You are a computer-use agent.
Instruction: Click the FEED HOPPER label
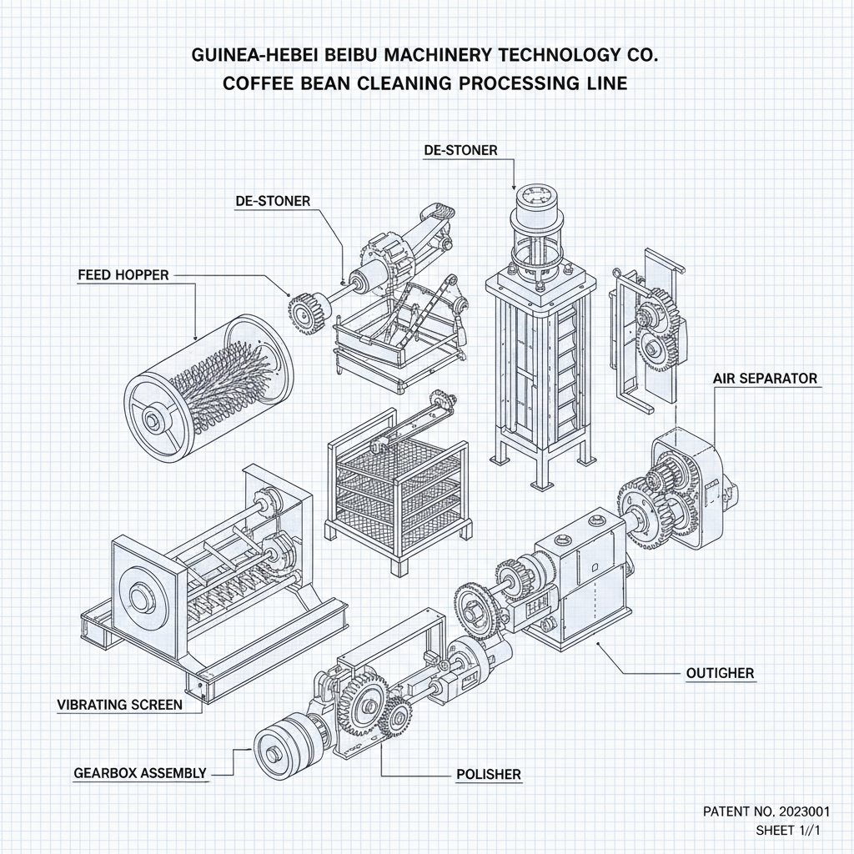coord(123,274)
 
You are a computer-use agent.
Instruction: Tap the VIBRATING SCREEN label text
coord(119,705)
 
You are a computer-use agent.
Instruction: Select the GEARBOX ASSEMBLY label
coord(139,773)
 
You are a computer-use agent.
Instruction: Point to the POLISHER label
coord(489,775)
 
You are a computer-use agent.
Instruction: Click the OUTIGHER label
coord(719,672)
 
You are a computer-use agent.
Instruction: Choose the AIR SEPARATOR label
coord(765,379)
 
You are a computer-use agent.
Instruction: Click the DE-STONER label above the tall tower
coord(460,150)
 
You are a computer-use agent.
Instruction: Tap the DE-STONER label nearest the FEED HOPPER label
coord(273,201)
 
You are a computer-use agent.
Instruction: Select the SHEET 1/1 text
coord(788,830)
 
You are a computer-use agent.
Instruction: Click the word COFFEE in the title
coord(264,83)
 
